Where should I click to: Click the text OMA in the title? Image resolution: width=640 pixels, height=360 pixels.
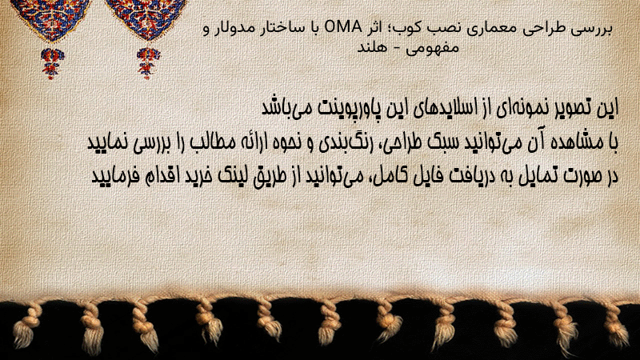pyautogui.click(x=343, y=28)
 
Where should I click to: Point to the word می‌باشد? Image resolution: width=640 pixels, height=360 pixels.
pyautogui.click(x=286, y=108)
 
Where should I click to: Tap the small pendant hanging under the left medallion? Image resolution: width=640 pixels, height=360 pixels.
pyautogui.click(x=51, y=62)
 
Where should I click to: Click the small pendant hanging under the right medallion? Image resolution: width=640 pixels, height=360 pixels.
pyautogui.click(x=148, y=62)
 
